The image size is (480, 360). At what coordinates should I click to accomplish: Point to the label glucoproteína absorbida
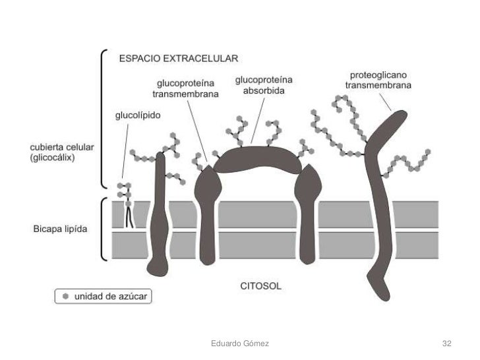pyautogui.click(x=264, y=84)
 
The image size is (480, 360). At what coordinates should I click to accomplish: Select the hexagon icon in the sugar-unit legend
pyautogui.click(x=65, y=297)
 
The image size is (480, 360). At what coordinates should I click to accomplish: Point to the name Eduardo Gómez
pyautogui.click(x=239, y=344)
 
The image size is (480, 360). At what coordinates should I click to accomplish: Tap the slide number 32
pyautogui.click(x=447, y=344)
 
